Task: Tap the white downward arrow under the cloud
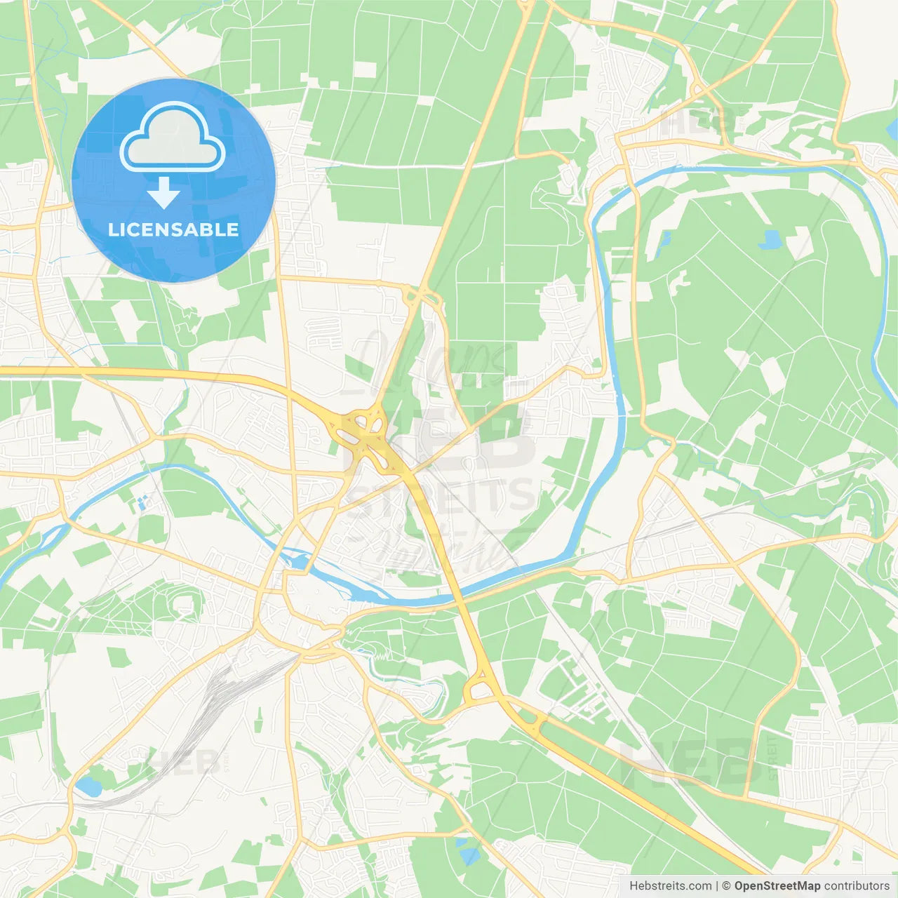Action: (x=163, y=193)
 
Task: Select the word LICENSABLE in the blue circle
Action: (x=173, y=229)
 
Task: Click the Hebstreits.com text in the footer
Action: (x=670, y=886)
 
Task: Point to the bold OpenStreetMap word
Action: (x=777, y=886)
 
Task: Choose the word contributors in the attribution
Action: (x=856, y=886)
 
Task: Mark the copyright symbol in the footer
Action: (x=726, y=886)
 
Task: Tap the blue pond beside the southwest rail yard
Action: (x=89, y=787)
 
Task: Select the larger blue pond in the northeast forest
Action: (x=770, y=240)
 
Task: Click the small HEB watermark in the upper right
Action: (x=695, y=123)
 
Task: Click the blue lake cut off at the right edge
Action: (x=893, y=129)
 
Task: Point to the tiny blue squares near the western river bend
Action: (x=143, y=501)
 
